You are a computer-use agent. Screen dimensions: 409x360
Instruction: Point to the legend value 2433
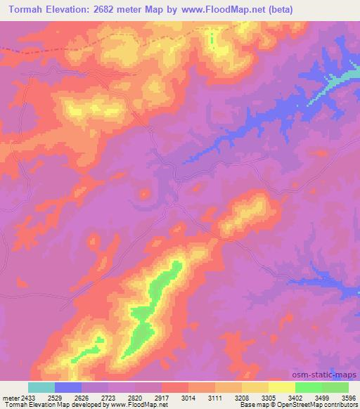[28, 397]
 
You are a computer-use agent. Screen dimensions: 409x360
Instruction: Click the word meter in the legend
[9, 397]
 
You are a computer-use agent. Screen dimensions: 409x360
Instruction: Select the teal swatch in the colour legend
[41, 387]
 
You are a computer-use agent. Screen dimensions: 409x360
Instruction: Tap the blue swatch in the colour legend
[68, 387]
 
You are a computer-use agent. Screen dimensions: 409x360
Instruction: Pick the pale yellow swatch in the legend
[282, 387]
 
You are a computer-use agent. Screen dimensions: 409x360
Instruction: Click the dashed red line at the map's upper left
[14, 50]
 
